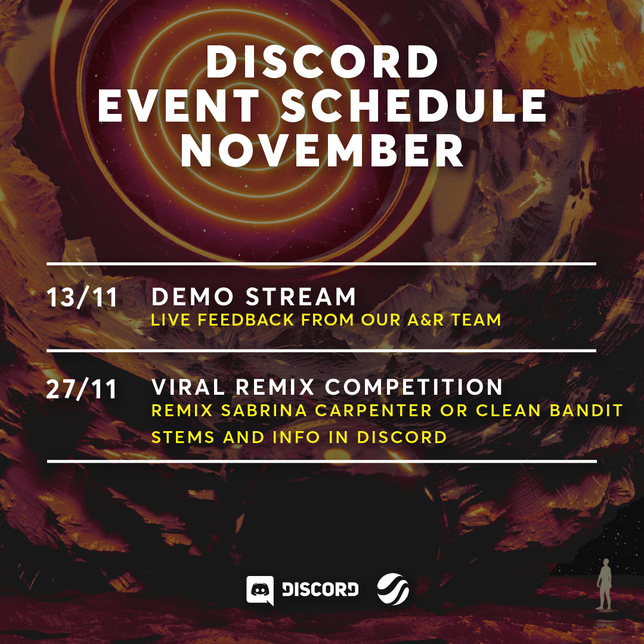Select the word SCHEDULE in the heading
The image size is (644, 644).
coord(414,106)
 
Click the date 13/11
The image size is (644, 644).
coord(82,298)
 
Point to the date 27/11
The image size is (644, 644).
coord(81,389)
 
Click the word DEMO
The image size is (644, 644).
coord(193,296)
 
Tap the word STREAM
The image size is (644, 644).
coord(301,296)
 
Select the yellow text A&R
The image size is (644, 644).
coord(426,320)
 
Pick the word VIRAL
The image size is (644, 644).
coord(188,387)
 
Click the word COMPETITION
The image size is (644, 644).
coord(414,387)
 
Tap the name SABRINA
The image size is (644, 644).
coord(264,410)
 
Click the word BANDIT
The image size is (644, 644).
coord(586,410)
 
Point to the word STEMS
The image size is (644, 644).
coord(183,437)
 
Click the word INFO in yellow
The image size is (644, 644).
coord(296,437)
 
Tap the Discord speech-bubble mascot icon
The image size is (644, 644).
coord(260,590)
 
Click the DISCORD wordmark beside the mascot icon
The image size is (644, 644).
coord(320,590)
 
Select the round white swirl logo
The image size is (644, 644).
coord(393,589)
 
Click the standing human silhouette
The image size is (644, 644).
coord(604,584)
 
